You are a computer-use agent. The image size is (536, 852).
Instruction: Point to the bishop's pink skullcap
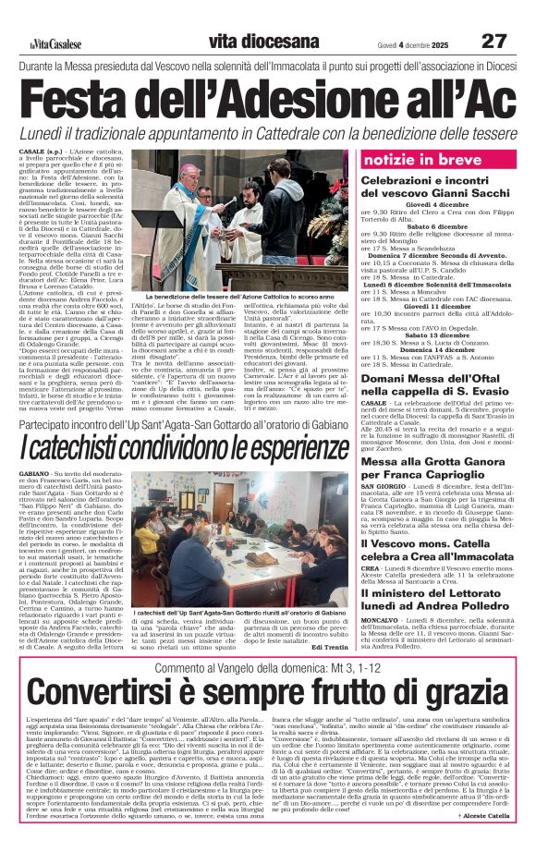tap(188, 167)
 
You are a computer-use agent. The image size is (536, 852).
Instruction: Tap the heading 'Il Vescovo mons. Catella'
tap(424, 545)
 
